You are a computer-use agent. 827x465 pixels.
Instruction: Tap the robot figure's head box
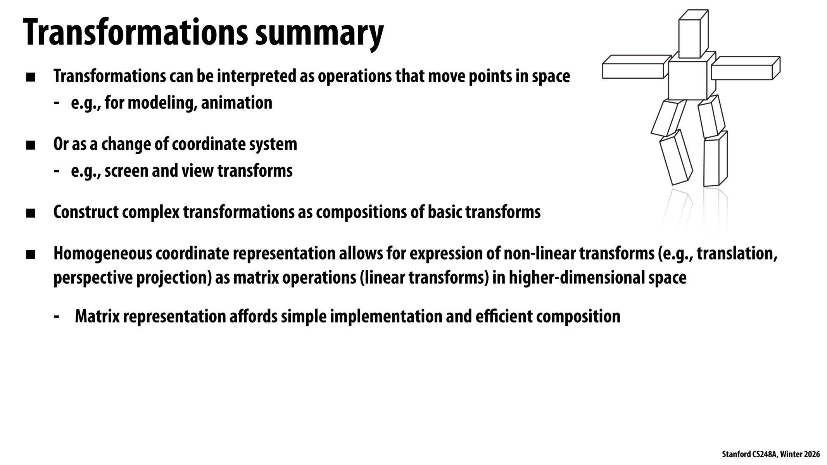[693, 34]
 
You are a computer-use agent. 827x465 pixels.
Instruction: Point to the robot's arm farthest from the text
[746, 69]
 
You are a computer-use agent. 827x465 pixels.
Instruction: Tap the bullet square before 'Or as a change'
[30, 146]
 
